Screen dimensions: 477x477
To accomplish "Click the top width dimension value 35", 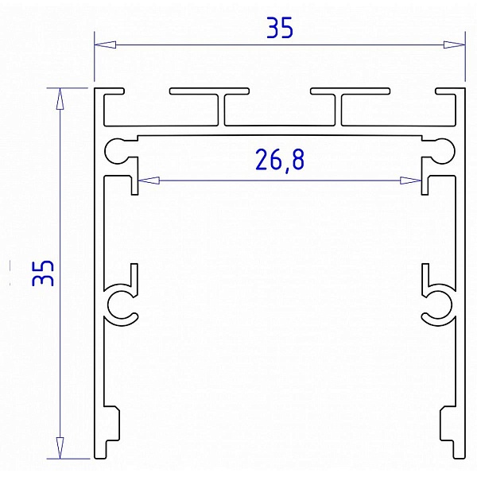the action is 280,28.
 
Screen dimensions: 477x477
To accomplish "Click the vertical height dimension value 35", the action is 43,273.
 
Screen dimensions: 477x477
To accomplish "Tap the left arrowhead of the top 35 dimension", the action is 105,45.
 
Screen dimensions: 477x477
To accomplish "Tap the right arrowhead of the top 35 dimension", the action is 454,45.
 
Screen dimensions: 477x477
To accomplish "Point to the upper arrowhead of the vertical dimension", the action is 60,99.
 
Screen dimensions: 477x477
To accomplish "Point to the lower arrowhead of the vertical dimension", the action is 60,448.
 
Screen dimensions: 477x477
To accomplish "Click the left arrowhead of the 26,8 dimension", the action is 149,180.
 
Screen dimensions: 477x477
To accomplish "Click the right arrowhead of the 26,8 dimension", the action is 410,180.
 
